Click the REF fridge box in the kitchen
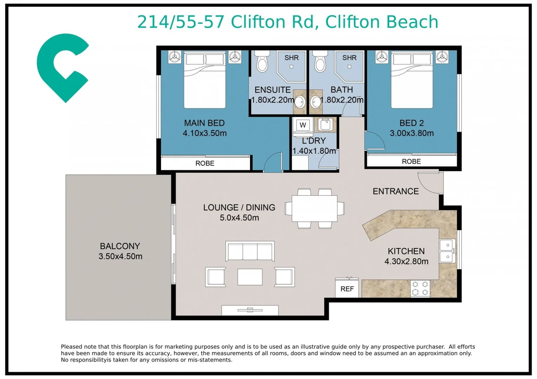(x=347, y=288)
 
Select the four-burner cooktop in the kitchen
(x=420, y=288)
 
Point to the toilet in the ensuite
(x=262, y=61)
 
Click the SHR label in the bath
(x=349, y=58)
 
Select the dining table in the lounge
(x=314, y=208)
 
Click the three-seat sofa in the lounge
(x=250, y=251)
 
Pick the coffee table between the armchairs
(x=250, y=277)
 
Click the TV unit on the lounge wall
(x=250, y=310)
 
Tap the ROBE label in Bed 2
(x=411, y=161)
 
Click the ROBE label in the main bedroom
(x=205, y=163)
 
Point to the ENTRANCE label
(x=396, y=191)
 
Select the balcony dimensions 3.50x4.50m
(x=120, y=256)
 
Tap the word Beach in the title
(x=412, y=22)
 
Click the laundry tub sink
(x=325, y=125)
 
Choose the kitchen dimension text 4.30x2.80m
(x=406, y=261)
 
